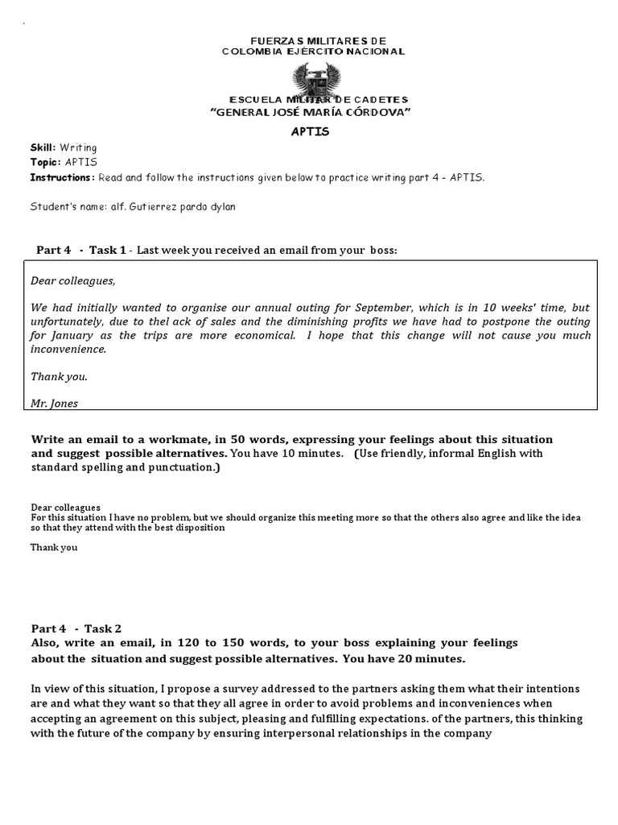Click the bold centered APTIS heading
point(310,131)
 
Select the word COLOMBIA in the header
point(254,52)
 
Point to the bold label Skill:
point(43,148)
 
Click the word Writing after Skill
point(78,148)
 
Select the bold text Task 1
point(108,251)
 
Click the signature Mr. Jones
point(54,404)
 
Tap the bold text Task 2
point(106,628)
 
